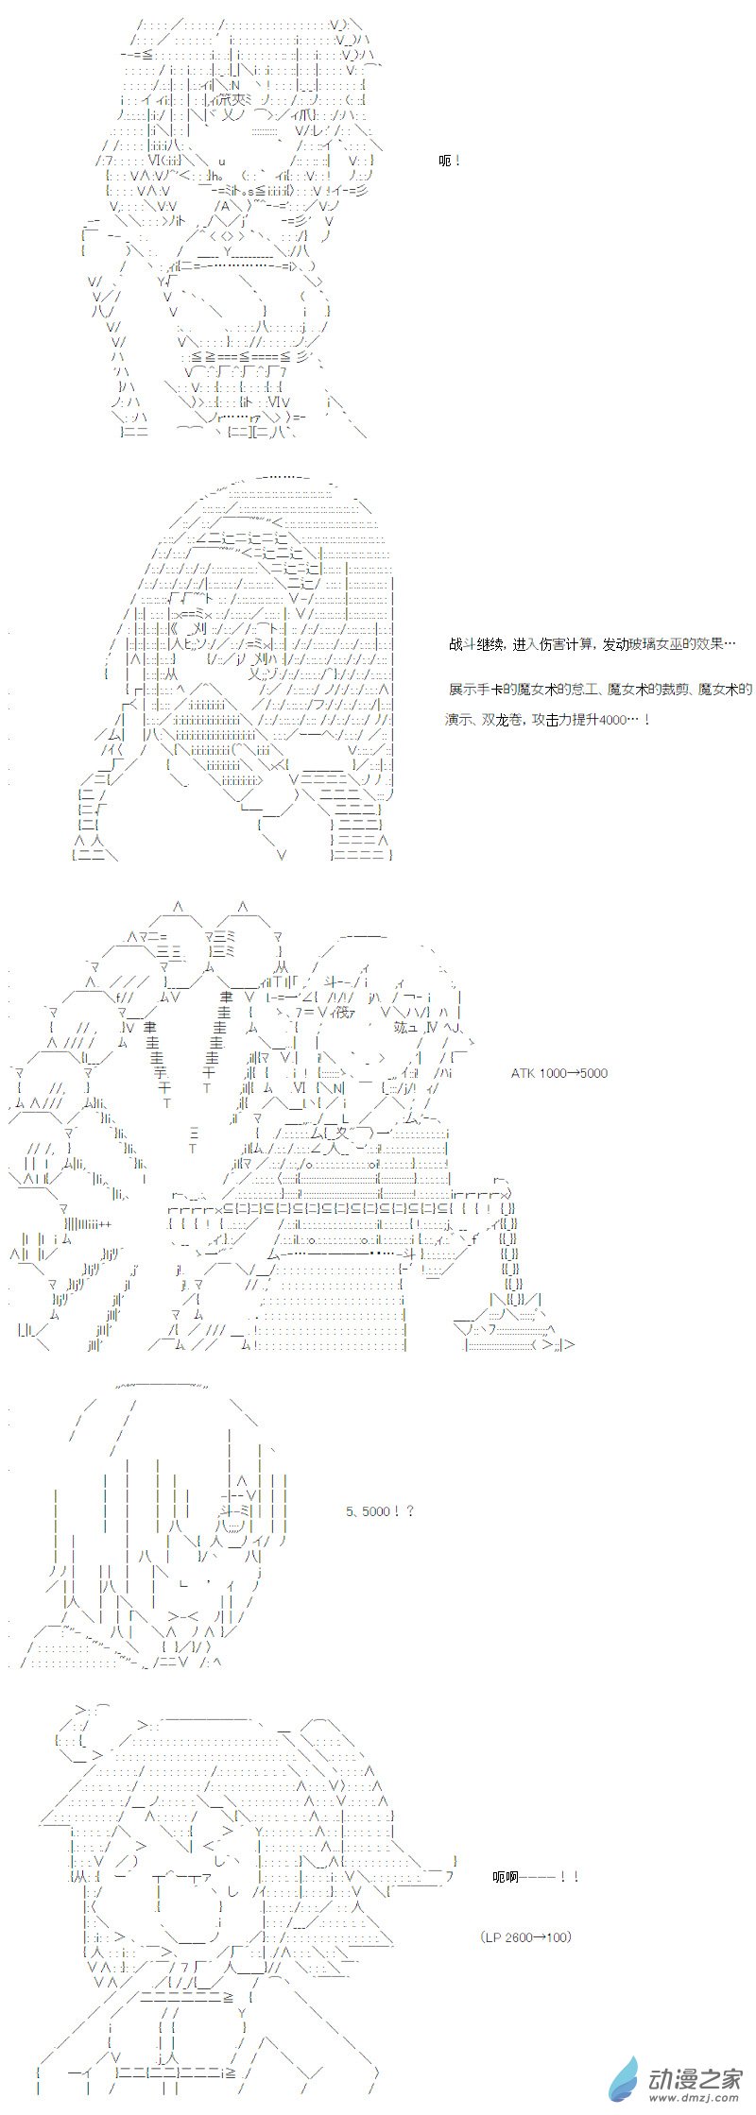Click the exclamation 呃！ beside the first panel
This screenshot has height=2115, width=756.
coord(451,161)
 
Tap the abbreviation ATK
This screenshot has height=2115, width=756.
coord(523,1073)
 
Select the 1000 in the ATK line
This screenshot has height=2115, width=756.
coord(551,1073)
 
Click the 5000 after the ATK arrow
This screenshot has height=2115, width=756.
coord(593,1073)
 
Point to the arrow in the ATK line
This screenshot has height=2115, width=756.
coord(572,1073)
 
